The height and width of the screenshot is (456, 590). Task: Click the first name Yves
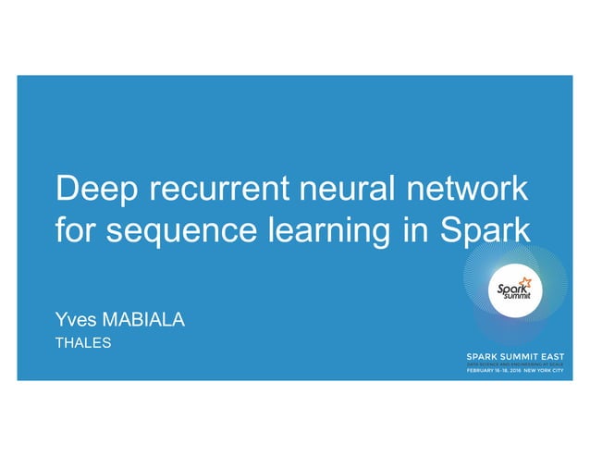[x=77, y=321]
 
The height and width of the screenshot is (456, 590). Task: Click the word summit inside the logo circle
[x=515, y=299]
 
